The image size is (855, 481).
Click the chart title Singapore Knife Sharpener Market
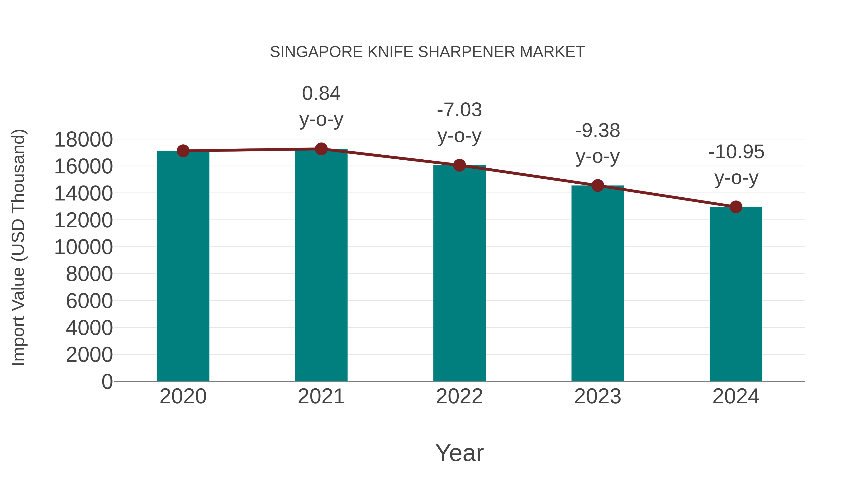(x=427, y=52)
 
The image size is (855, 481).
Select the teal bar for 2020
(x=183, y=266)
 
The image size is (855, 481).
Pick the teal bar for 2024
(x=736, y=294)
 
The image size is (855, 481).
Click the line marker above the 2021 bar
(x=321, y=149)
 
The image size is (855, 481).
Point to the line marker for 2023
(x=598, y=186)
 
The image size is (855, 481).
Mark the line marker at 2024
(x=736, y=207)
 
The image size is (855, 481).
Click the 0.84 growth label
(x=321, y=93)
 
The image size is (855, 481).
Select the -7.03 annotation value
(x=459, y=110)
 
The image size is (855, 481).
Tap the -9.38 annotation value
(x=598, y=130)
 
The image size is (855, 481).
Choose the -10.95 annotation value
(x=736, y=152)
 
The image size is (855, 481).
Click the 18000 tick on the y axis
(x=83, y=139)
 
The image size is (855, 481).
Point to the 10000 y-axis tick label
(x=83, y=247)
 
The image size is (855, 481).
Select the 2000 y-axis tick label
(x=89, y=355)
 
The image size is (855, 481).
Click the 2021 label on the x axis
(x=321, y=396)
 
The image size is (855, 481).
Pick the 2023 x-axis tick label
(x=598, y=396)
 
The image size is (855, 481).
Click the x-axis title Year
(x=459, y=453)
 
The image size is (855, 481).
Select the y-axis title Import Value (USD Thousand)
(x=18, y=247)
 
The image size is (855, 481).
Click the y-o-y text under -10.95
(x=736, y=178)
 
